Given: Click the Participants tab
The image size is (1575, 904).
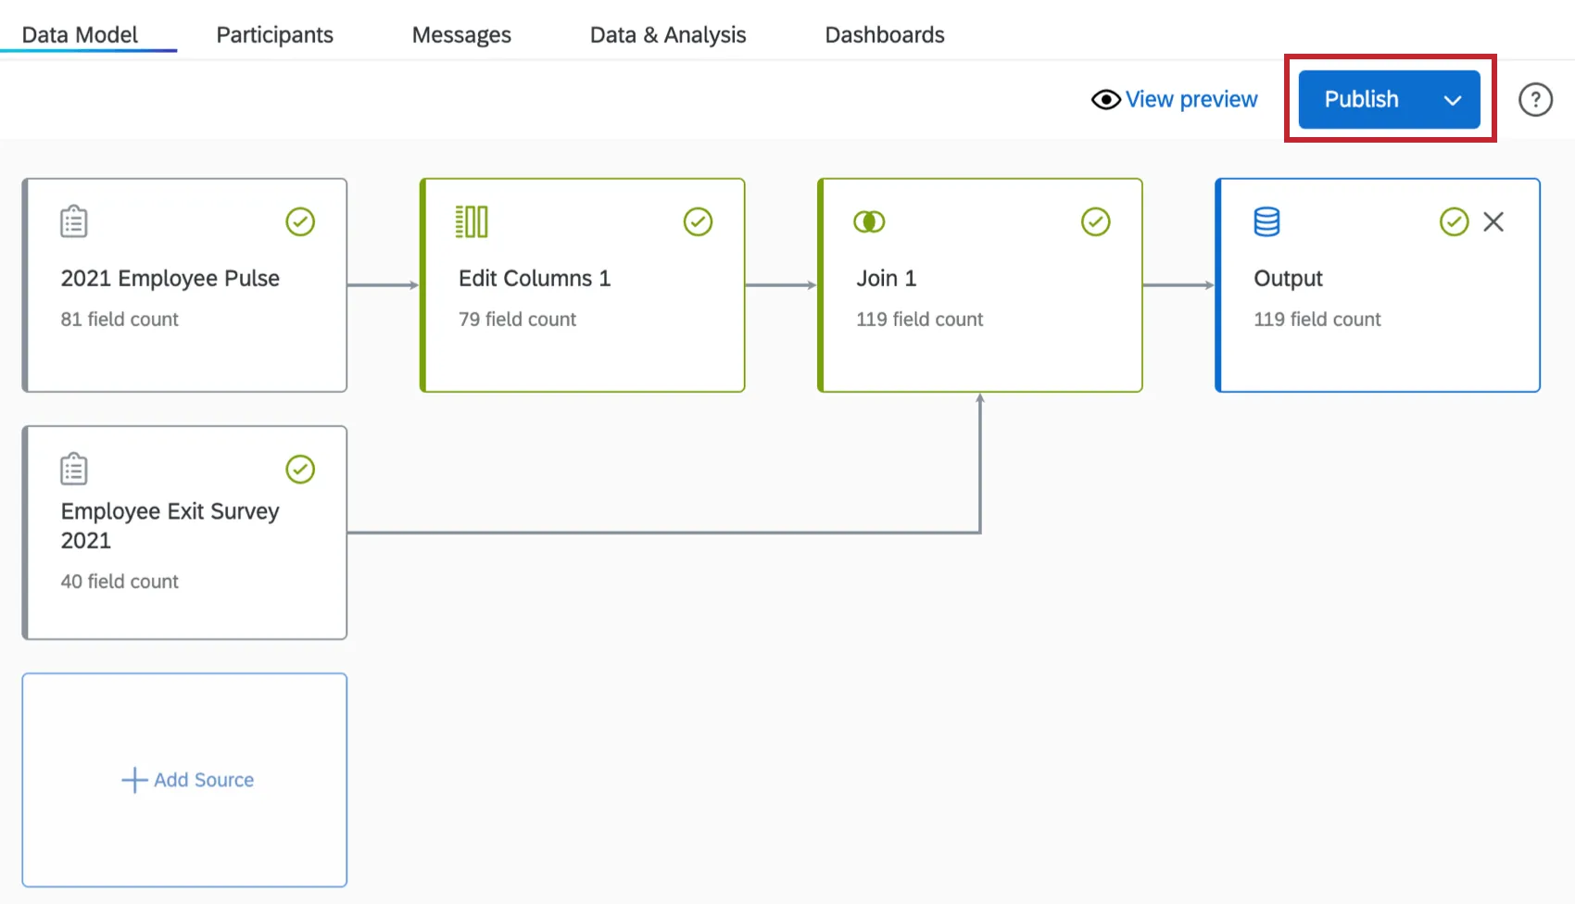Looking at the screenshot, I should coord(274,35).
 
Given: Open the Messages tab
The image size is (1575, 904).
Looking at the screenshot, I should coord(461,35).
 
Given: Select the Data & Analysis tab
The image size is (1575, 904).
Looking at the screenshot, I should coord(667,35).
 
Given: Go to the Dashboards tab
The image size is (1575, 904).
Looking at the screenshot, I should coord(884,35).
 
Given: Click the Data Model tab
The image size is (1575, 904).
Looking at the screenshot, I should coord(80,35).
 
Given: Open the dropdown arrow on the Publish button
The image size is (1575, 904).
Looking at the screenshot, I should coord(1452,100).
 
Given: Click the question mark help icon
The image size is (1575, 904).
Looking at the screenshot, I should coord(1535,99).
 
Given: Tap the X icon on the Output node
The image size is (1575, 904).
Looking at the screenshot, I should coord(1493,222).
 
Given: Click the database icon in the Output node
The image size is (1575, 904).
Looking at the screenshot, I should coord(1266,222).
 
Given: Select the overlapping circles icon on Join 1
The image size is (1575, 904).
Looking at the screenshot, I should coord(869,222).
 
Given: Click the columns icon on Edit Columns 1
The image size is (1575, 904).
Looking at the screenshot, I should coord(472,222).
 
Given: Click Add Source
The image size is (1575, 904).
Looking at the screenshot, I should coord(187,780).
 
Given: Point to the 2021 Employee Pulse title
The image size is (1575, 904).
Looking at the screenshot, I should coord(170,279).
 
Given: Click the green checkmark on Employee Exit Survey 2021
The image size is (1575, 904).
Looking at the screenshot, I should coord(300,470).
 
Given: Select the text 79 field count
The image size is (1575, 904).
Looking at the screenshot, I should coord(517,320).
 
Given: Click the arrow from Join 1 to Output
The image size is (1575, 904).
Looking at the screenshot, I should coord(1178,285).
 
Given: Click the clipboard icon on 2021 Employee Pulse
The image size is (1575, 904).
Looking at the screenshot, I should coord(74,222).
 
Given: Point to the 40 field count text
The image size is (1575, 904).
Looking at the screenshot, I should coord(120,582).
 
